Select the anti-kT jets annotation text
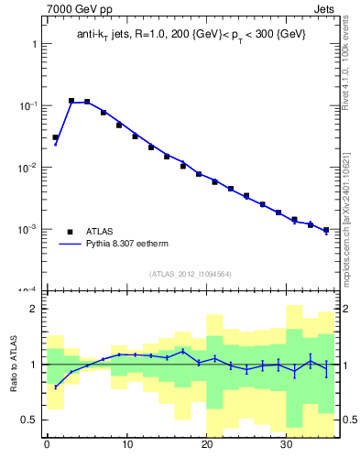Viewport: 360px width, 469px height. click(191, 35)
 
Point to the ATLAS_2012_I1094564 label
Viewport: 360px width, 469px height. click(190, 274)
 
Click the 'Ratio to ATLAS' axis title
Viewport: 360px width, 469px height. click(15, 364)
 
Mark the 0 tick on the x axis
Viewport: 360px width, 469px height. click(47, 445)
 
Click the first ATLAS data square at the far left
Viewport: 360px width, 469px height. click(56, 137)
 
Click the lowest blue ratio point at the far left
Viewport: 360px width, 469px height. click(56, 387)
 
